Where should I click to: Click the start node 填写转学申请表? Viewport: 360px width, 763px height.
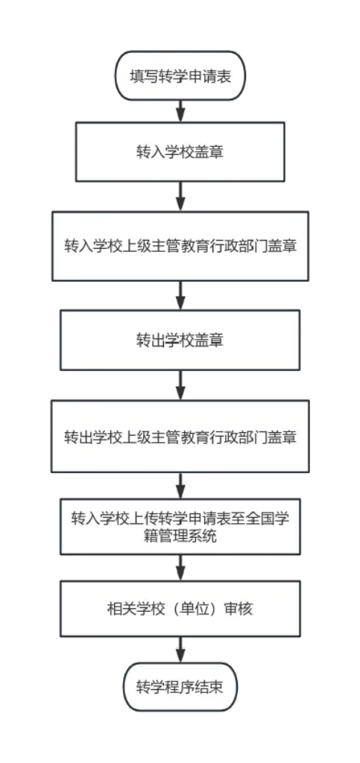180,77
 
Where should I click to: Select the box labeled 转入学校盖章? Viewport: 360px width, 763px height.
180,152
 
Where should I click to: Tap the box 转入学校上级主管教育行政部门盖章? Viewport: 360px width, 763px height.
180,246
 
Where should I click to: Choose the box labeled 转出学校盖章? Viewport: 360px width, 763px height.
180,340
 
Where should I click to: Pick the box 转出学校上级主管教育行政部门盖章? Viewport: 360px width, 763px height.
180,437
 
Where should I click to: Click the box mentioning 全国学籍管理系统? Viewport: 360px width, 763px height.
180,527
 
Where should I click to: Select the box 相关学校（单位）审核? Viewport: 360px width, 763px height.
180,608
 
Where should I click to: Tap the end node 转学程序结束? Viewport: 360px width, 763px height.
180,687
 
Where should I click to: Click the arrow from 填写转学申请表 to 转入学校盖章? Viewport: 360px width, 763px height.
180,111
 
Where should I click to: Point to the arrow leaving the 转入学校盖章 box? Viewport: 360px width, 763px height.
180,197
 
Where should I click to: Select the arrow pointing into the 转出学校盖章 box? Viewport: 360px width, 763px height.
180,295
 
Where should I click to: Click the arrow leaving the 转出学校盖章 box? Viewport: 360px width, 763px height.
180,385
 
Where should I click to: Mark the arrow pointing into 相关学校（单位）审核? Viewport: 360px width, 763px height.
180,567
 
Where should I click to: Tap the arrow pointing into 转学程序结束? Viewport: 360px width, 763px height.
180,650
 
